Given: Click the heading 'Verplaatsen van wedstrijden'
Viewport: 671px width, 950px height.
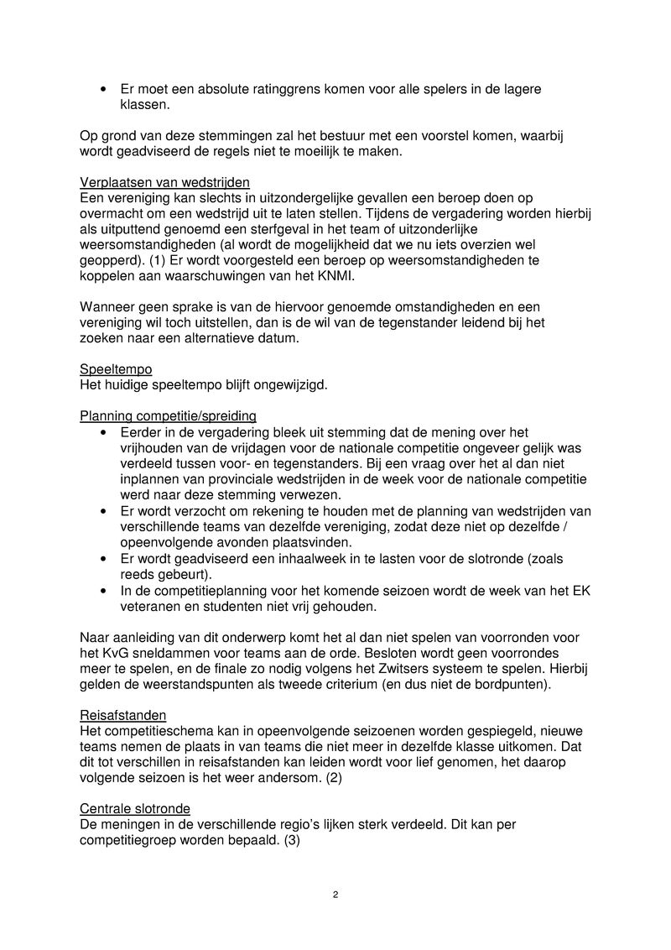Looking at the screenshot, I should pyautogui.click(x=164, y=183).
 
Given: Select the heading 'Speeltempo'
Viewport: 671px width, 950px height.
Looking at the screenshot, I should pyautogui.click(x=116, y=368).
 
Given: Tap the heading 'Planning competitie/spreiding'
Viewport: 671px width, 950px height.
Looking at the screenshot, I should pyautogui.click(x=168, y=415).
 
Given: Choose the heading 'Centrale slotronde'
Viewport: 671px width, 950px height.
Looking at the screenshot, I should pyautogui.click(x=134, y=808).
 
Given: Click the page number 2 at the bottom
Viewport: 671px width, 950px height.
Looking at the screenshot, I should pyautogui.click(x=335, y=895).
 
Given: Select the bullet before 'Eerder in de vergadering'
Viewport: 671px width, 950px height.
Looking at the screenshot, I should pyautogui.click(x=102, y=432).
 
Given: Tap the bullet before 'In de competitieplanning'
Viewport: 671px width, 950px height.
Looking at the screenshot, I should pyautogui.click(x=102, y=592).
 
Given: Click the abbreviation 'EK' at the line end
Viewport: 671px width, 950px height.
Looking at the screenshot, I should pyautogui.click(x=581, y=591).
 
